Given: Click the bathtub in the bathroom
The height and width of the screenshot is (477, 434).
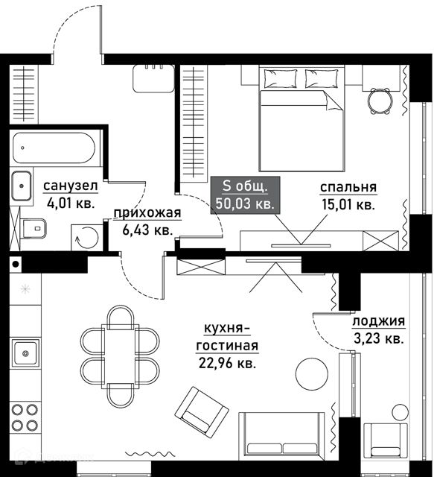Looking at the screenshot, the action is point(54,148).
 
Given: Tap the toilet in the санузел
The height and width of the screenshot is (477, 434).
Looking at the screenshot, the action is point(33,229).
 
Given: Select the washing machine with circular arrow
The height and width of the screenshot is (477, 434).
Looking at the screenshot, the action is point(87,238).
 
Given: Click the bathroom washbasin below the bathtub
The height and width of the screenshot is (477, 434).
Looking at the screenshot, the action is point(22,186).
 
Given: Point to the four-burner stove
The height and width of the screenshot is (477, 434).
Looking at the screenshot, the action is point(25,417).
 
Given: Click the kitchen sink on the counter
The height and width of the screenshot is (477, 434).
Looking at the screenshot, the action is point(25,353).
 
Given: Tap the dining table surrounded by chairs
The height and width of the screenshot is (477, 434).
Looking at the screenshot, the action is point(120,356).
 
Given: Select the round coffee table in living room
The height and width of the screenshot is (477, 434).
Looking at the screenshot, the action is point(312,373).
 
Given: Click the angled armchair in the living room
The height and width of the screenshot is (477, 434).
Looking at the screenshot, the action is point(202,412).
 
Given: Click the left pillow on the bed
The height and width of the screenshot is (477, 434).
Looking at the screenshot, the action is point(280,78).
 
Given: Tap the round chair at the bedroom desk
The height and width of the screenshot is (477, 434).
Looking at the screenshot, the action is point(379,101).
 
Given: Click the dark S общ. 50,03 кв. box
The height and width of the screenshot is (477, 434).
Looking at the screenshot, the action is point(245,195).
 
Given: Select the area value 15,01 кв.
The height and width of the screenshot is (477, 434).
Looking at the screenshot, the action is point(348,205).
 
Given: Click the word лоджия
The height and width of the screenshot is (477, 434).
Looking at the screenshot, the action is point(379,321).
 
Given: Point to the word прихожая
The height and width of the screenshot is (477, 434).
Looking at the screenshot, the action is point(147,213).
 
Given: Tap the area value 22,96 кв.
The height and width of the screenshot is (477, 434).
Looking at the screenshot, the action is point(227,363).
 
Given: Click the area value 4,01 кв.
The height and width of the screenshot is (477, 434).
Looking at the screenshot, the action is point(71,203).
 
